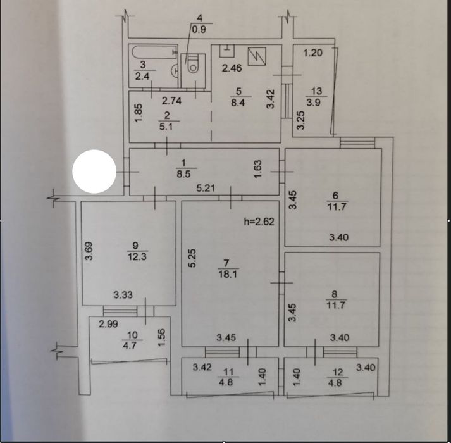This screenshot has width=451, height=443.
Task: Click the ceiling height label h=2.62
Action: click(x=260, y=221)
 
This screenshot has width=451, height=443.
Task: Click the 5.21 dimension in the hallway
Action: click(x=207, y=188)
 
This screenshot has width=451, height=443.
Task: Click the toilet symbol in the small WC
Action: click(x=191, y=65)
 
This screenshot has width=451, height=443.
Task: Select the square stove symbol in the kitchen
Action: click(x=258, y=57)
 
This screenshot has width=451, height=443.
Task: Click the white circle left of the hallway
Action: click(x=94, y=172)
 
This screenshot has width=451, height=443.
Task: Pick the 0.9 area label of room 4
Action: click(x=200, y=28)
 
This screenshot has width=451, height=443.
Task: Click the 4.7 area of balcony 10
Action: click(x=132, y=346)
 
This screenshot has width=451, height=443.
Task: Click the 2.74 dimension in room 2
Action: click(x=172, y=100)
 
